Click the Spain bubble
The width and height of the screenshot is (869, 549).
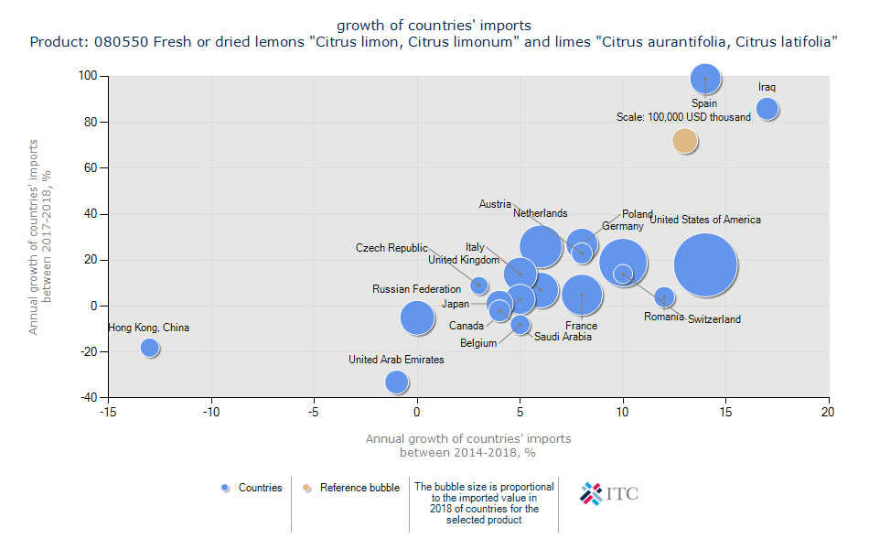click(704, 80)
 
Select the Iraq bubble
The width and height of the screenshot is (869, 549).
click(767, 108)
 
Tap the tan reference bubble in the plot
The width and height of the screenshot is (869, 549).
click(684, 140)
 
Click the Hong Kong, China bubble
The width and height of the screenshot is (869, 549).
click(150, 348)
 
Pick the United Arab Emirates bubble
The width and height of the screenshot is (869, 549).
click(396, 382)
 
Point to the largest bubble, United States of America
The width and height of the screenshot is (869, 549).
click(705, 265)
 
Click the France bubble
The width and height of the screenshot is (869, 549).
click(582, 295)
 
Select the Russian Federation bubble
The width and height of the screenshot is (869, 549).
click(417, 318)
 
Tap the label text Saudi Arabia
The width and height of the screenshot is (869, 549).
click(563, 337)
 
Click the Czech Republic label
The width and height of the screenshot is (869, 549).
click(392, 248)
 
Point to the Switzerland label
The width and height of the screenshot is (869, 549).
click(713, 319)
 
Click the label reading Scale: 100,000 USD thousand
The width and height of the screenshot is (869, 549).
click(683, 117)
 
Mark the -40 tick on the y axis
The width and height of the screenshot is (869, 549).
click(88, 397)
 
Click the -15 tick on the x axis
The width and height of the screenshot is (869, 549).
click(108, 413)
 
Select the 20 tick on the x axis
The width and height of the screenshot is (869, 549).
click(829, 413)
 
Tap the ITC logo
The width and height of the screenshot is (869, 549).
click(610, 494)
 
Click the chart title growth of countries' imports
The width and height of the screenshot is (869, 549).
click(434, 25)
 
